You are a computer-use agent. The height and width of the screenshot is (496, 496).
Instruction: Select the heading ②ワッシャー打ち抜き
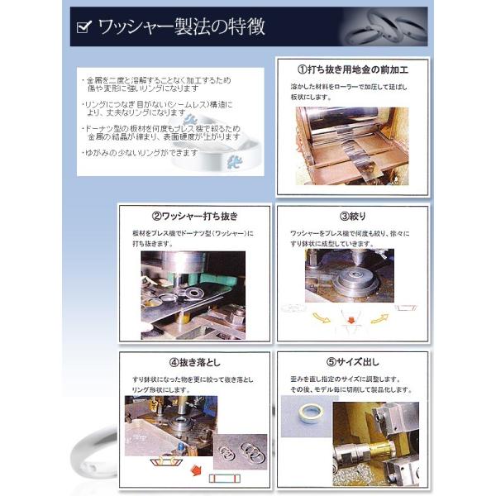(194, 216)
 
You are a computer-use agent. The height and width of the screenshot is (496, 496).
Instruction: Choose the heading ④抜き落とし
(194, 362)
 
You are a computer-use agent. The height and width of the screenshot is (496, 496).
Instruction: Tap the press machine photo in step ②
(194, 293)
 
